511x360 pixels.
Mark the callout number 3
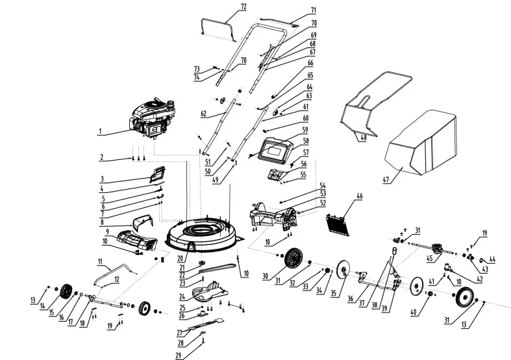coord(102,178)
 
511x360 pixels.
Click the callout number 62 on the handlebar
coord(203,112)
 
